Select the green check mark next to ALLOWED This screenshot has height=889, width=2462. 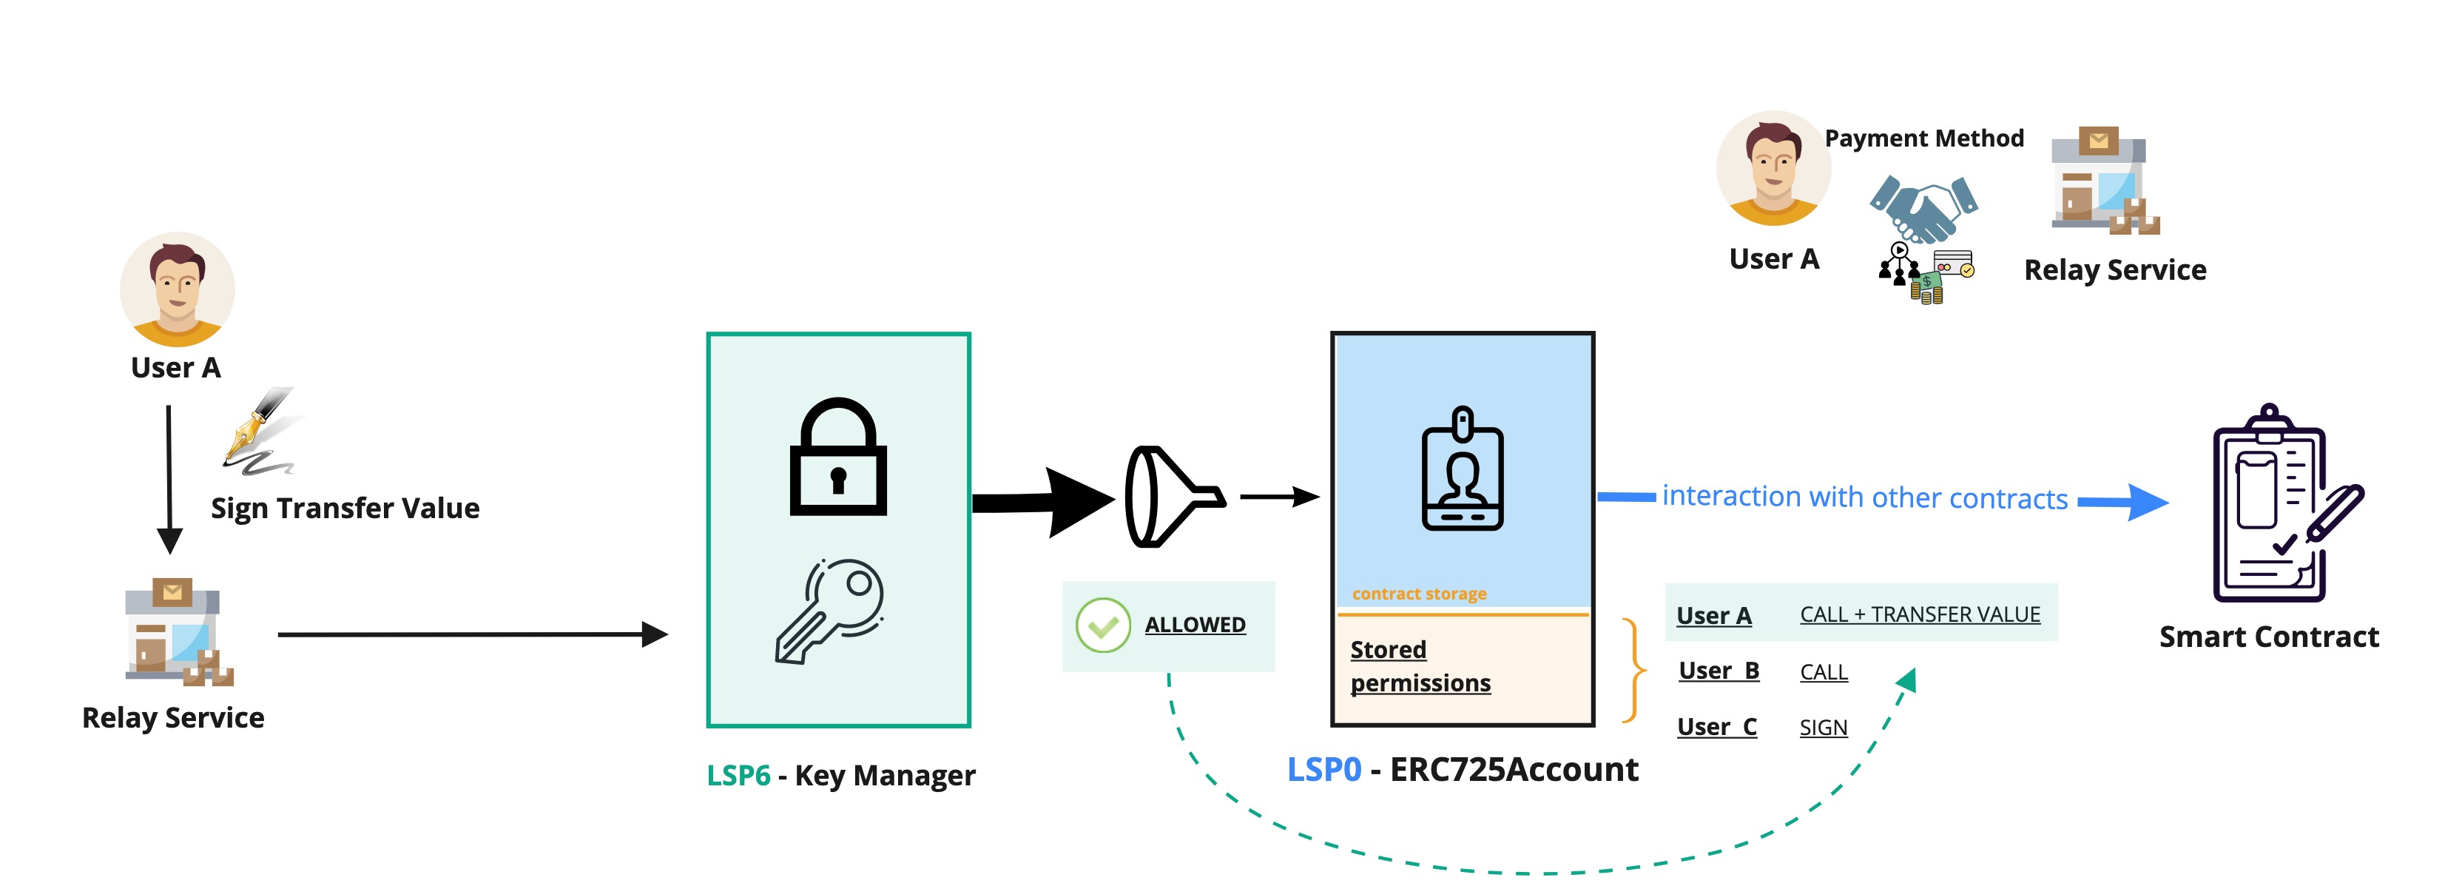pos(1103,626)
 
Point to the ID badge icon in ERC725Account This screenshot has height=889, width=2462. pos(1463,469)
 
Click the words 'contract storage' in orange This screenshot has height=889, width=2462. pos(1420,594)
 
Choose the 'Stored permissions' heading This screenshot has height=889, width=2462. pos(1420,666)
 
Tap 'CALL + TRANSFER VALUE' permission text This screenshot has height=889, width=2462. pos(1919,614)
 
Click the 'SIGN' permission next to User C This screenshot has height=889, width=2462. pos(1823,728)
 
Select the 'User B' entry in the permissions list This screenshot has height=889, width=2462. pos(1718,671)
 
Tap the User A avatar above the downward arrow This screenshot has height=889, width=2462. pos(177,289)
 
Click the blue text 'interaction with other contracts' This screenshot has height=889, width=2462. pos(1864,497)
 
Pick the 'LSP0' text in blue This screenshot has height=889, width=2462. pos(1323,770)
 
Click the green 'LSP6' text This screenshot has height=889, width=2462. pos(738,775)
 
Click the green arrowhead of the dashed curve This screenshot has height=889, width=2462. pos(1906,680)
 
